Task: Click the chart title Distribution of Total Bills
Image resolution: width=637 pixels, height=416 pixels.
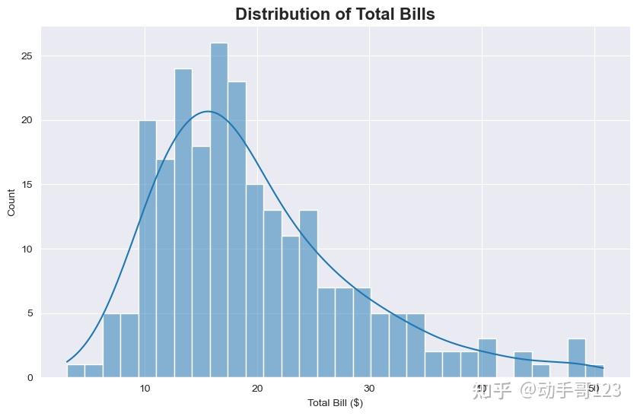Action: point(335,14)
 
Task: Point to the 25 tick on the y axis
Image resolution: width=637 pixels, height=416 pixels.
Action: point(27,56)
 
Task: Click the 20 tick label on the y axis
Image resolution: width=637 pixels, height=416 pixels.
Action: point(27,120)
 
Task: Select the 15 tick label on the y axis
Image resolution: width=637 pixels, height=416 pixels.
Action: point(27,185)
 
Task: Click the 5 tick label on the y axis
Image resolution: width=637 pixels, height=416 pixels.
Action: point(29,313)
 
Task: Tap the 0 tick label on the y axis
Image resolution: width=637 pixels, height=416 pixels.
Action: point(29,377)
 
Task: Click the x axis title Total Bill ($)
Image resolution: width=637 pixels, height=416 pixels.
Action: point(335,402)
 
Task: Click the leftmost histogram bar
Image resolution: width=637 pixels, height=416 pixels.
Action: point(75,371)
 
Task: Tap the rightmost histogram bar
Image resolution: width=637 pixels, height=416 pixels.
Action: point(595,372)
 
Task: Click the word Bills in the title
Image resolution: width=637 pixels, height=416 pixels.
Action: point(412,14)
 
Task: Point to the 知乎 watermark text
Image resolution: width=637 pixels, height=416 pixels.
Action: point(492,391)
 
